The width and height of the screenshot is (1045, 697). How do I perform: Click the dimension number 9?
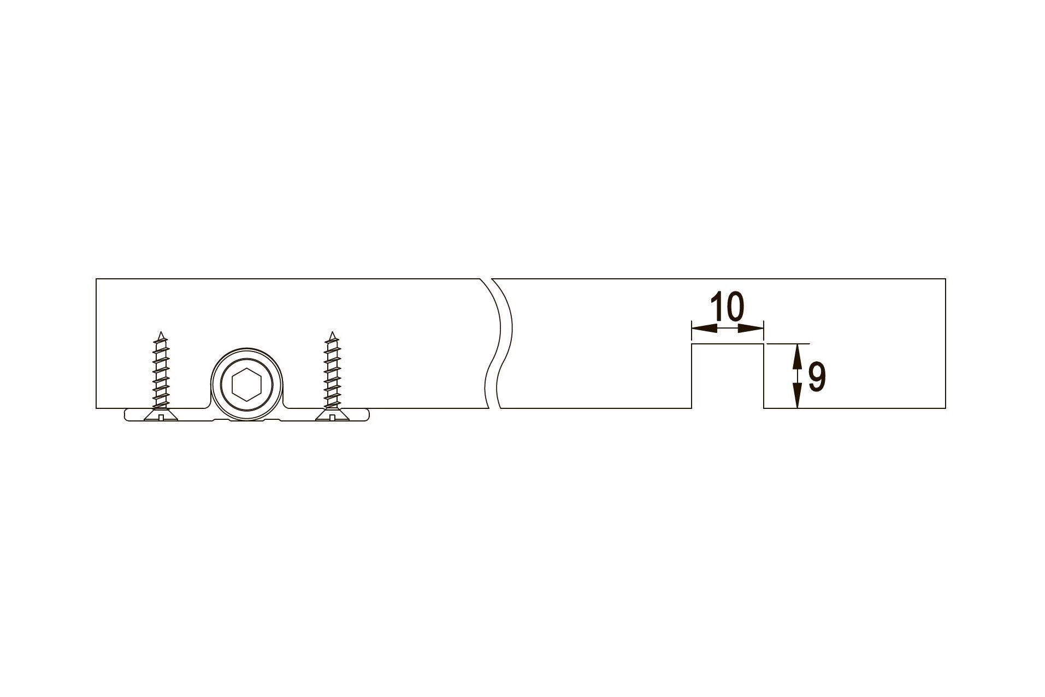pos(817,377)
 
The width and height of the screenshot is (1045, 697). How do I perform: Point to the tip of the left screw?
pos(160,331)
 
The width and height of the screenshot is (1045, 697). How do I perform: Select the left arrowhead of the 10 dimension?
pos(704,328)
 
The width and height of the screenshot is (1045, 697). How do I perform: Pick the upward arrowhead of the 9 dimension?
pos(797,356)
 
